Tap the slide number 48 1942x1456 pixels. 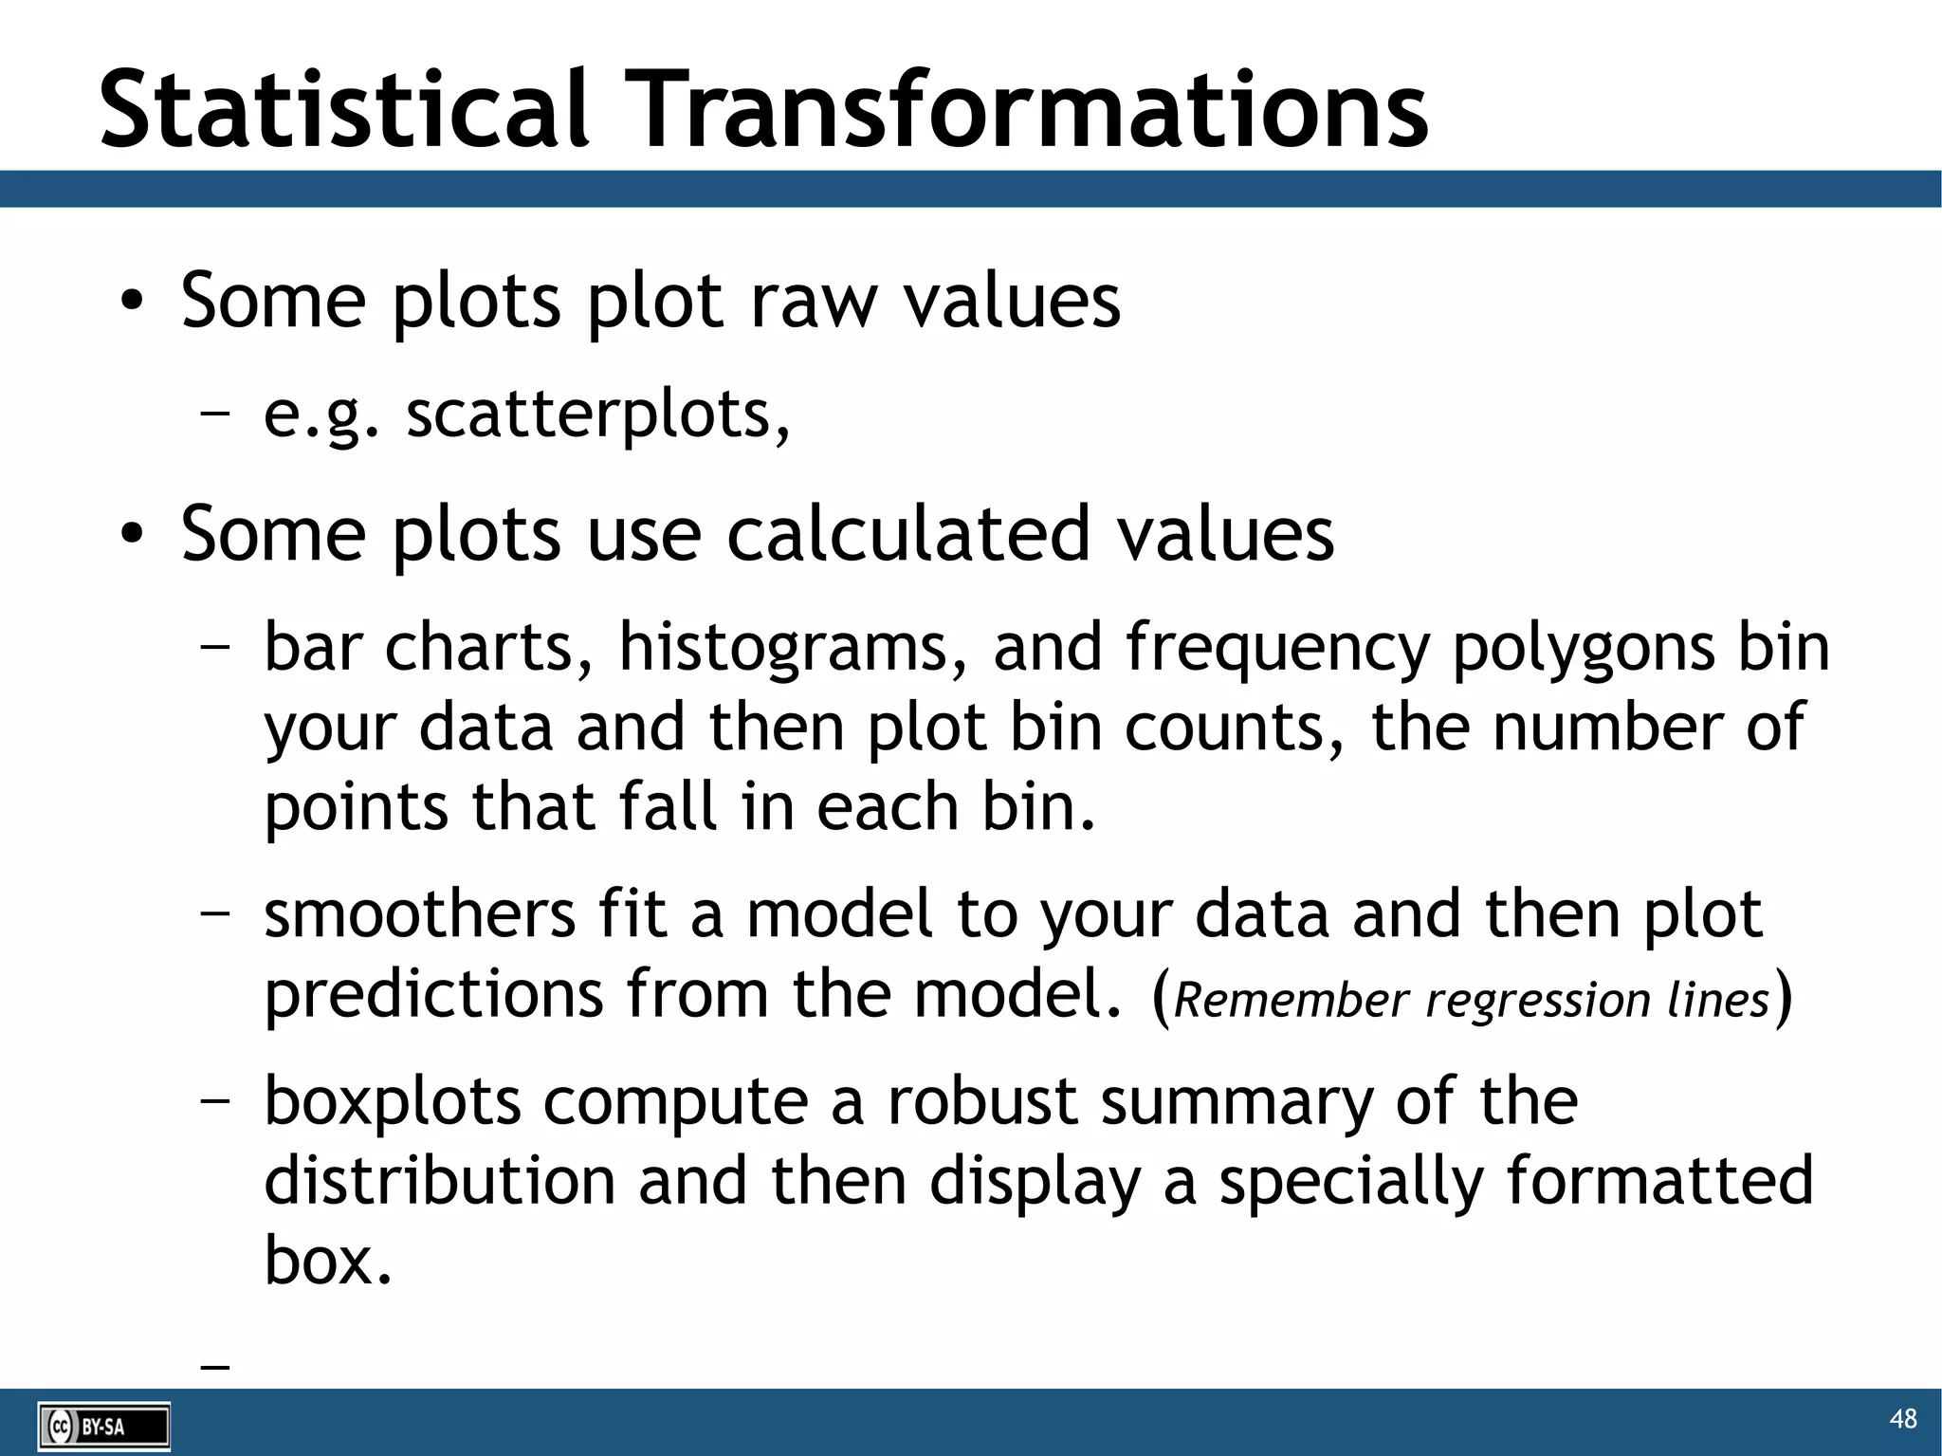pyautogui.click(x=1902, y=1419)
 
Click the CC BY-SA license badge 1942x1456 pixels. pyautogui.click(x=104, y=1427)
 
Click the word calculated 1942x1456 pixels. pyautogui.click(x=907, y=534)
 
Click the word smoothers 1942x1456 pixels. pyautogui.click(x=419, y=914)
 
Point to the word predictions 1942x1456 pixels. pyautogui.click(x=433, y=995)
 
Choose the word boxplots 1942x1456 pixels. pyautogui.click(x=392, y=1102)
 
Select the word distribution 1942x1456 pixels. pyautogui.click(x=439, y=1182)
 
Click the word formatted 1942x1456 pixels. pyautogui.click(x=1658, y=1182)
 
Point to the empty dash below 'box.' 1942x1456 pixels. pyautogui.click(x=216, y=1367)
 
